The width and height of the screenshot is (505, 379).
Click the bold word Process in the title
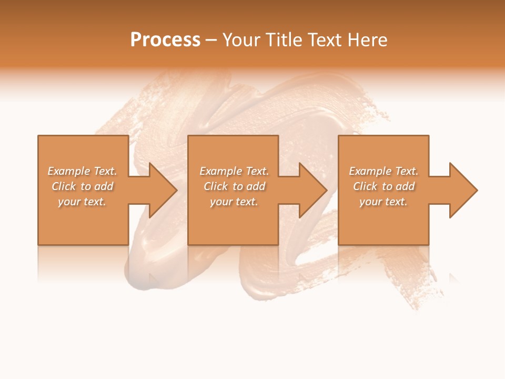click(x=165, y=40)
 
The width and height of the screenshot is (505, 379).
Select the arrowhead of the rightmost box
click(x=462, y=190)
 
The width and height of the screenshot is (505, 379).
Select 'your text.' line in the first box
click(x=82, y=202)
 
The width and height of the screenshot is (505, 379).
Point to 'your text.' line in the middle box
click(x=234, y=202)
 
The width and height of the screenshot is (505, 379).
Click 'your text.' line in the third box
click(x=383, y=202)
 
